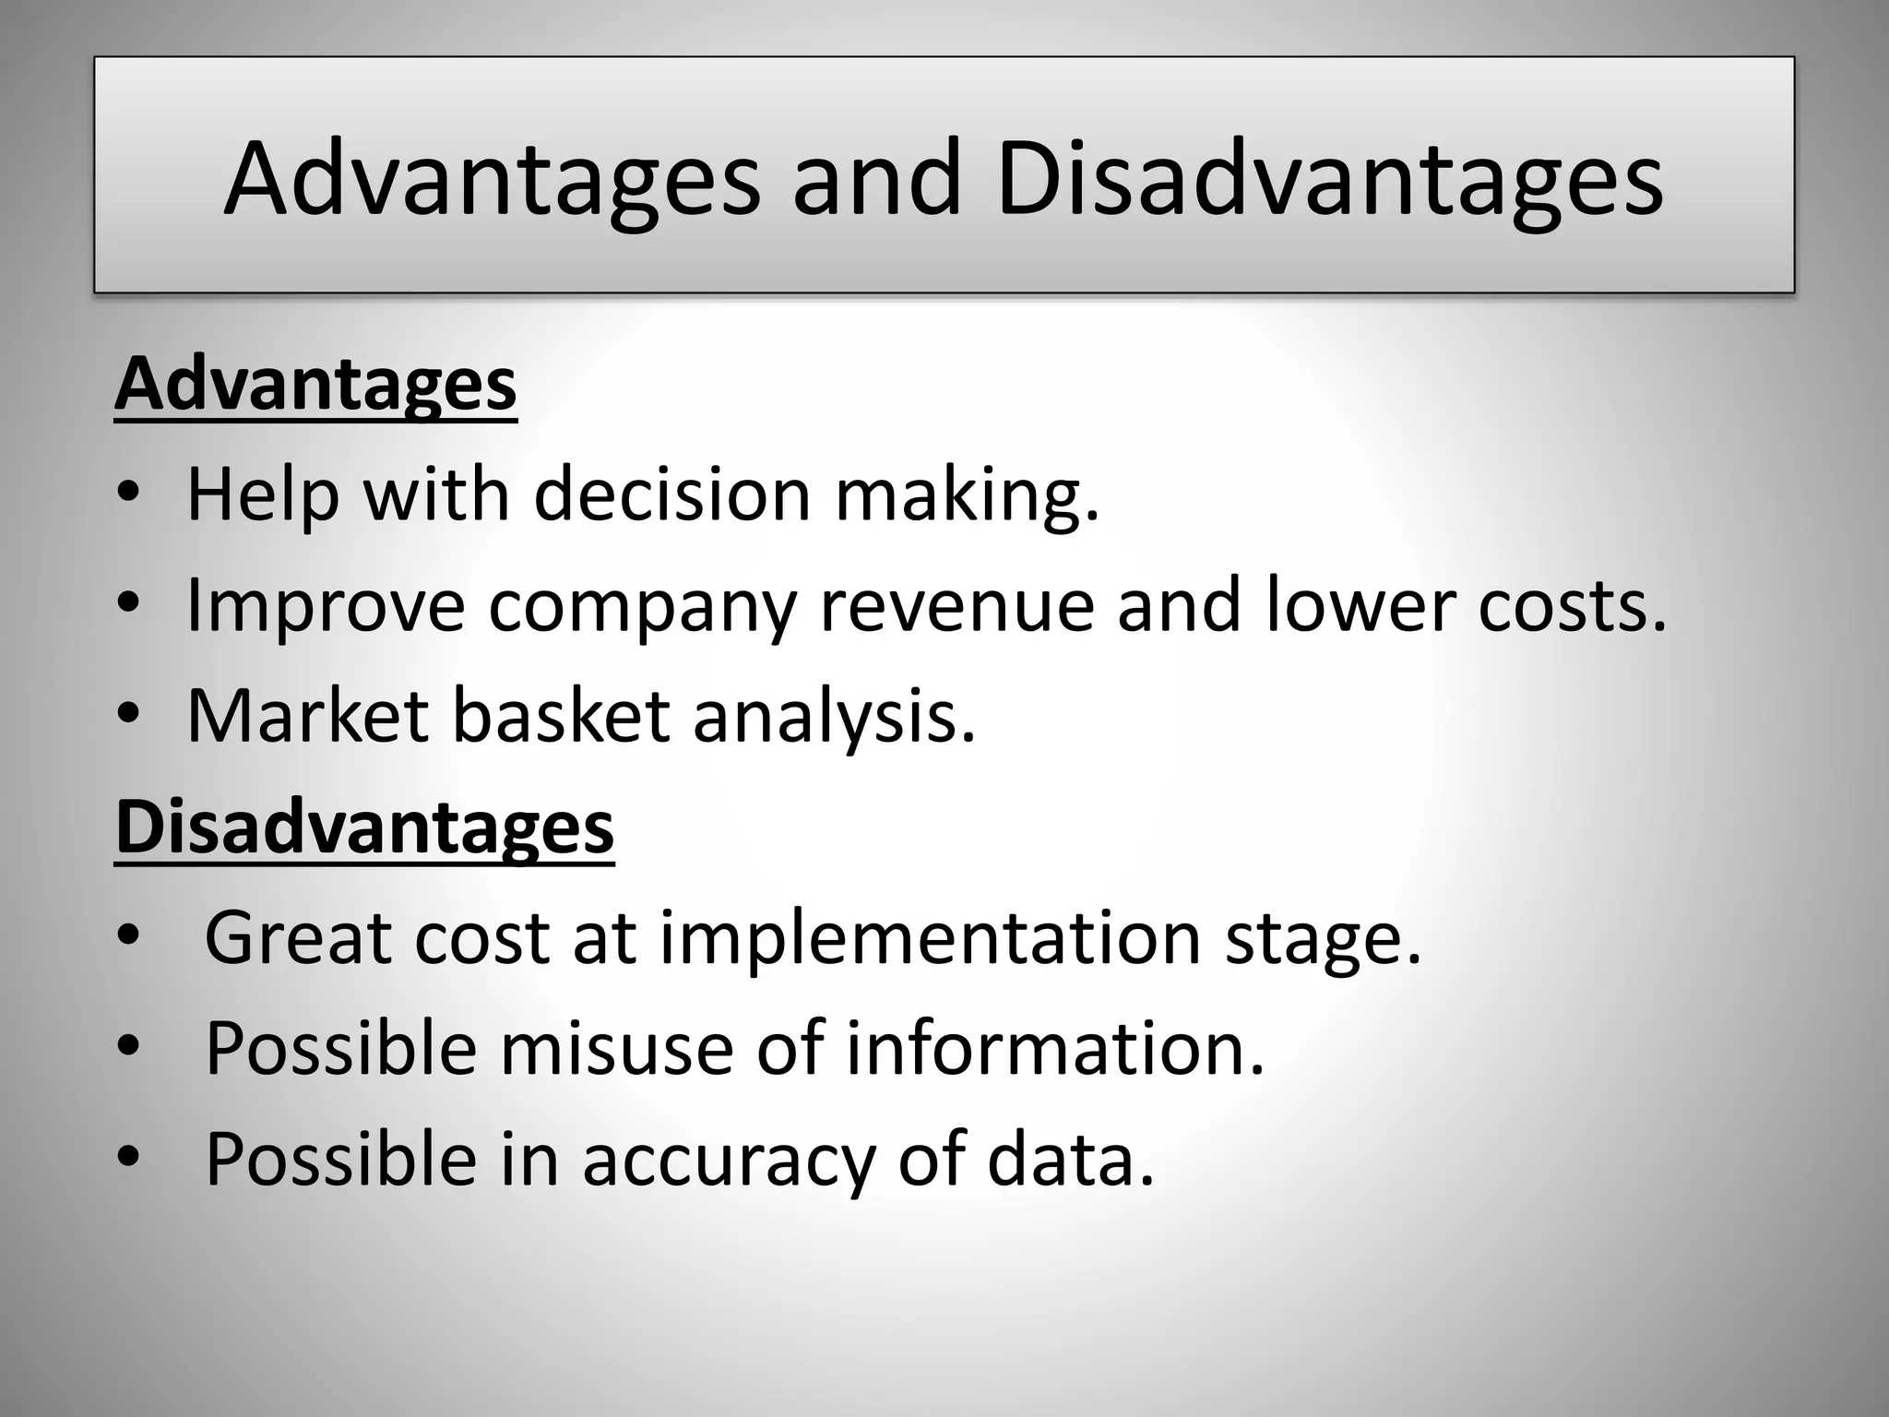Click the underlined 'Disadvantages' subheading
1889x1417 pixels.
coord(364,827)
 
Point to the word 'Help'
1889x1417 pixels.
coord(263,495)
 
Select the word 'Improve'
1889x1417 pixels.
coord(326,606)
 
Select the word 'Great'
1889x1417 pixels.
coord(297,938)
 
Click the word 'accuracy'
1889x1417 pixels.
coord(728,1160)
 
